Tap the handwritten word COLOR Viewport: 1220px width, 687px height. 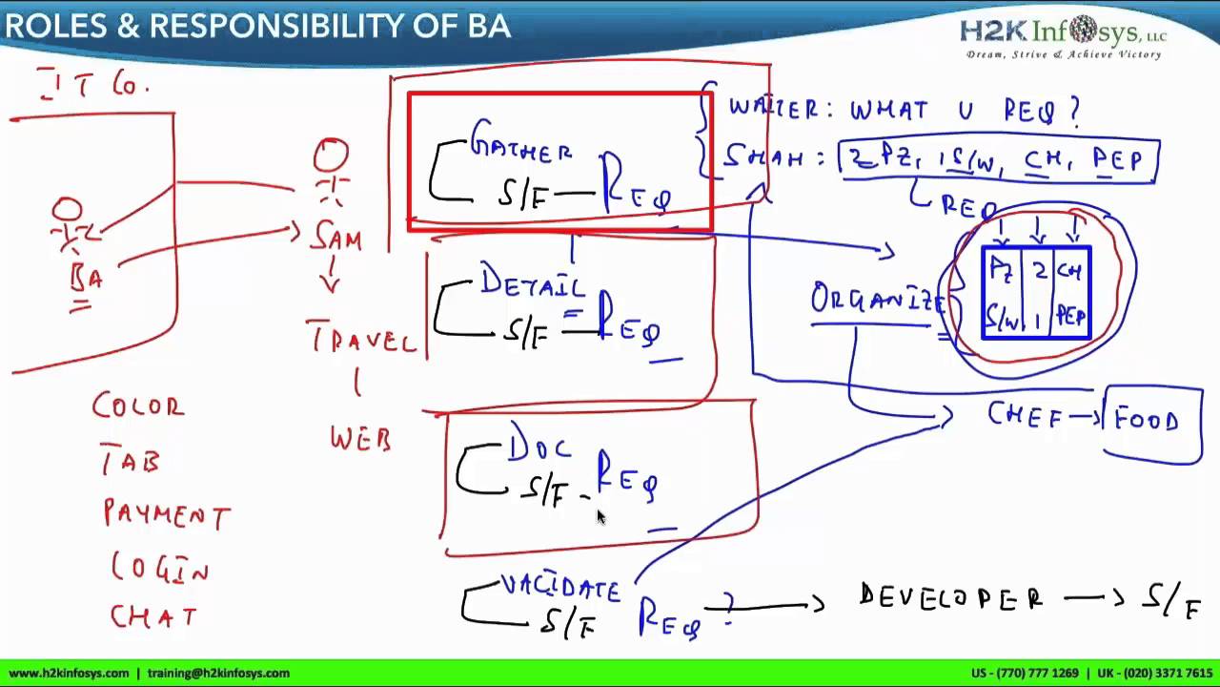pos(138,406)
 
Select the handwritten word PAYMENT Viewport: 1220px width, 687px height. pos(167,514)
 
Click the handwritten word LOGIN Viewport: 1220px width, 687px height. pos(160,569)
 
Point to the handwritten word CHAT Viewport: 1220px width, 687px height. pos(153,616)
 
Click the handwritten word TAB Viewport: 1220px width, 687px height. pos(131,463)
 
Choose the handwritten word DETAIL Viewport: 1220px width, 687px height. pos(533,281)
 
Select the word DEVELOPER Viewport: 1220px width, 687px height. pos(950,598)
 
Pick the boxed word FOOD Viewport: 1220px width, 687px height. pos(1147,421)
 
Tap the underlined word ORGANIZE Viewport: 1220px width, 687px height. pos(877,299)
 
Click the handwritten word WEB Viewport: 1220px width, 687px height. pos(360,439)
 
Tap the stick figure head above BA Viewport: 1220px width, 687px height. pos(67,210)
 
